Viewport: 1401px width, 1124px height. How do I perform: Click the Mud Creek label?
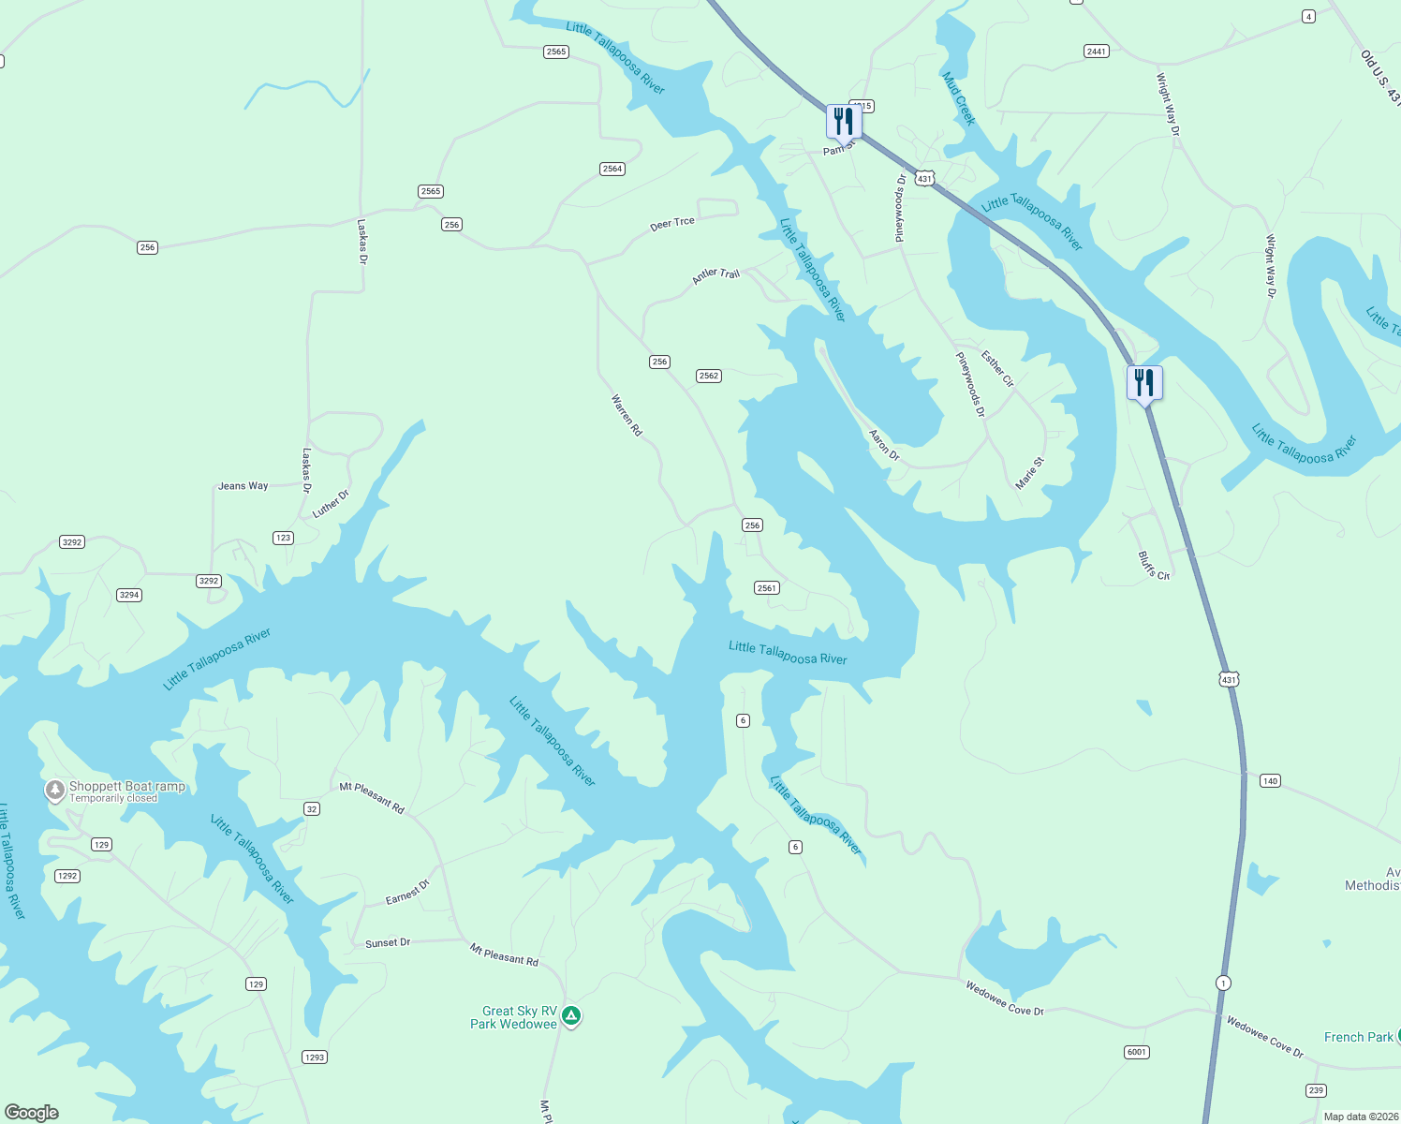pyautogui.click(x=959, y=98)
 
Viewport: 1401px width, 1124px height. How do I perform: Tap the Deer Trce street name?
pyautogui.click(x=672, y=223)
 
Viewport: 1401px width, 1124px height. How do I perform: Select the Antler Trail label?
pyautogui.click(x=715, y=275)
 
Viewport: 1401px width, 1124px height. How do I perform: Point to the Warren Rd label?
pyautogui.click(x=627, y=415)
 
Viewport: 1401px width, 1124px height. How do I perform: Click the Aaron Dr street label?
pyautogui.click(x=884, y=445)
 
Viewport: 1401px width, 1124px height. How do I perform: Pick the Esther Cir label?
pyautogui.click(x=997, y=368)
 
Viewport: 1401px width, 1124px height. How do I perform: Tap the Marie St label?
pyautogui.click(x=1029, y=473)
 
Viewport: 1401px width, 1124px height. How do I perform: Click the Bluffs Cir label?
pyautogui.click(x=1154, y=566)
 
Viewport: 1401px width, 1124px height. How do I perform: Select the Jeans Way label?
pyautogui.click(x=243, y=486)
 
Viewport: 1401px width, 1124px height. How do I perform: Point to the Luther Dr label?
pyautogui.click(x=331, y=503)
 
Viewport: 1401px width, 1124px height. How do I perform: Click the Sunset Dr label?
pyautogui.click(x=388, y=943)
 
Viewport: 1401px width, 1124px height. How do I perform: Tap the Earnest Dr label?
pyautogui.click(x=407, y=893)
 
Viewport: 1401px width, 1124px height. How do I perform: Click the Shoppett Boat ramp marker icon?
pyautogui.click(x=55, y=791)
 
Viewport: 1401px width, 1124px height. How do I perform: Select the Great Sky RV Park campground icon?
pyautogui.click(x=571, y=1015)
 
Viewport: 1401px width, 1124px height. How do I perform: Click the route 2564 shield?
pyautogui.click(x=612, y=169)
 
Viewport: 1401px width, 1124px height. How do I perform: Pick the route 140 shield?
pyautogui.click(x=1270, y=780)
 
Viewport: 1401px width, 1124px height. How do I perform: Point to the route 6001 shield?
pyautogui.click(x=1136, y=1052)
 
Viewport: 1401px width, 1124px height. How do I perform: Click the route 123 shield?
pyautogui.click(x=283, y=538)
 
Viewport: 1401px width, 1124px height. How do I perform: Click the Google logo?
pyautogui.click(x=32, y=1112)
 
